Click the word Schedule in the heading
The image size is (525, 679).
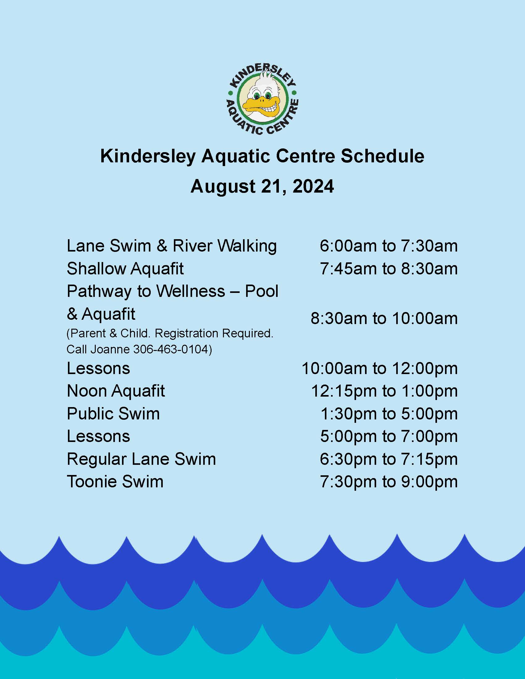[x=382, y=156]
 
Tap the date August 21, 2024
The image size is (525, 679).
[x=262, y=186]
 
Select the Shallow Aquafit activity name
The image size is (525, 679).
[x=125, y=269]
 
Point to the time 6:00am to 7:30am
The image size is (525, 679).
[x=389, y=246]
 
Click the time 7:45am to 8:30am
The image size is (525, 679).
[x=389, y=269]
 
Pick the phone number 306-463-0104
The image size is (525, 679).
[x=170, y=349]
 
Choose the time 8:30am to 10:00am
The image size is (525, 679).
[x=384, y=319]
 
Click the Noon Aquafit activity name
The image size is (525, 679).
[x=116, y=391]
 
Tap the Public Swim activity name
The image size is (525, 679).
[x=113, y=414]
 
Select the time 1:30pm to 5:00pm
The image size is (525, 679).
[x=389, y=414]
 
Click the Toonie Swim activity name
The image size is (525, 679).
[x=115, y=481]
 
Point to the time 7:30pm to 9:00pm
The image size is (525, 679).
[x=389, y=481]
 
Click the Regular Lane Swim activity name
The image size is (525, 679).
[x=141, y=459]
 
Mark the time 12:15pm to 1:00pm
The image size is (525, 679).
[x=384, y=391]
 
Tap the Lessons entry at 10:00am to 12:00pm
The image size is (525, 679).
[x=98, y=369]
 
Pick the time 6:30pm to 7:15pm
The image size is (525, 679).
[x=389, y=459]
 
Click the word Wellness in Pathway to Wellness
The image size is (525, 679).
[x=190, y=291]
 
